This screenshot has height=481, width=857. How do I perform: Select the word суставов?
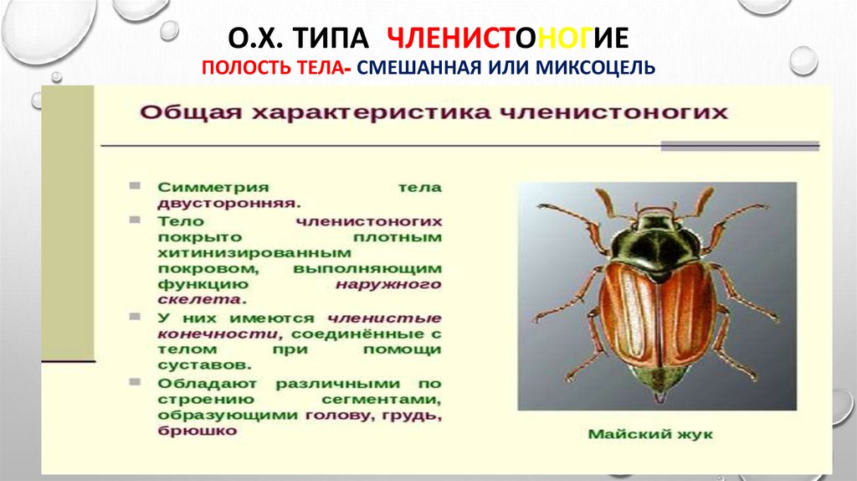coord(203,365)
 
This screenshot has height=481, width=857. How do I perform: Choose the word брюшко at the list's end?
coord(196,431)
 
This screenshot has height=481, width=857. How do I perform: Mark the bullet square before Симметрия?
coord(136,185)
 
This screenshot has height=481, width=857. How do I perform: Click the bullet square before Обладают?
coord(136,381)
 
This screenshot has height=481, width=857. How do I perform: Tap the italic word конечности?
coord(197,334)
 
